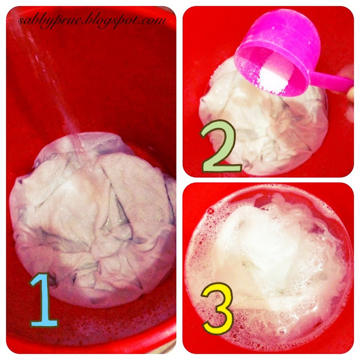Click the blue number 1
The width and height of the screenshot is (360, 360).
click(x=44, y=300)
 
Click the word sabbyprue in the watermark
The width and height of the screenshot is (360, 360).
click(x=49, y=21)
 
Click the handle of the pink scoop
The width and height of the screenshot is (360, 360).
click(x=331, y=81)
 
